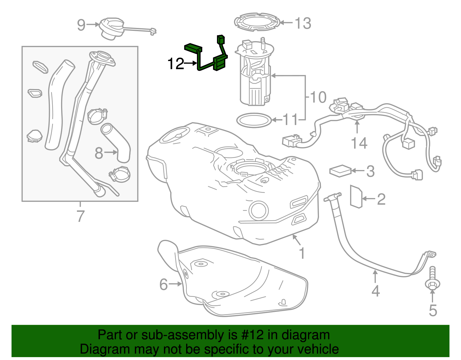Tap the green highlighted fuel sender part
click(x=220, y=63)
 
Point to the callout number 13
click(x=303, y=23)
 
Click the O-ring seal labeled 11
click(x=254, y=120)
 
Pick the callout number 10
click(x=318, y=97)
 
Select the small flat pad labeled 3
click(x=340, y=171)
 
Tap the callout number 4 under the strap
click(x=375, y=291)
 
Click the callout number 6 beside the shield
click(x=163, y=284)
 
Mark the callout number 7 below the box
click(x=80, y=216)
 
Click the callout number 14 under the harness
click(x=359, y=143)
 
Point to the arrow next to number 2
click(x=369, y=199)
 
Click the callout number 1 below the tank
click(x=302, y=253)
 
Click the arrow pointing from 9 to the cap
click(x=93, y=25)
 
